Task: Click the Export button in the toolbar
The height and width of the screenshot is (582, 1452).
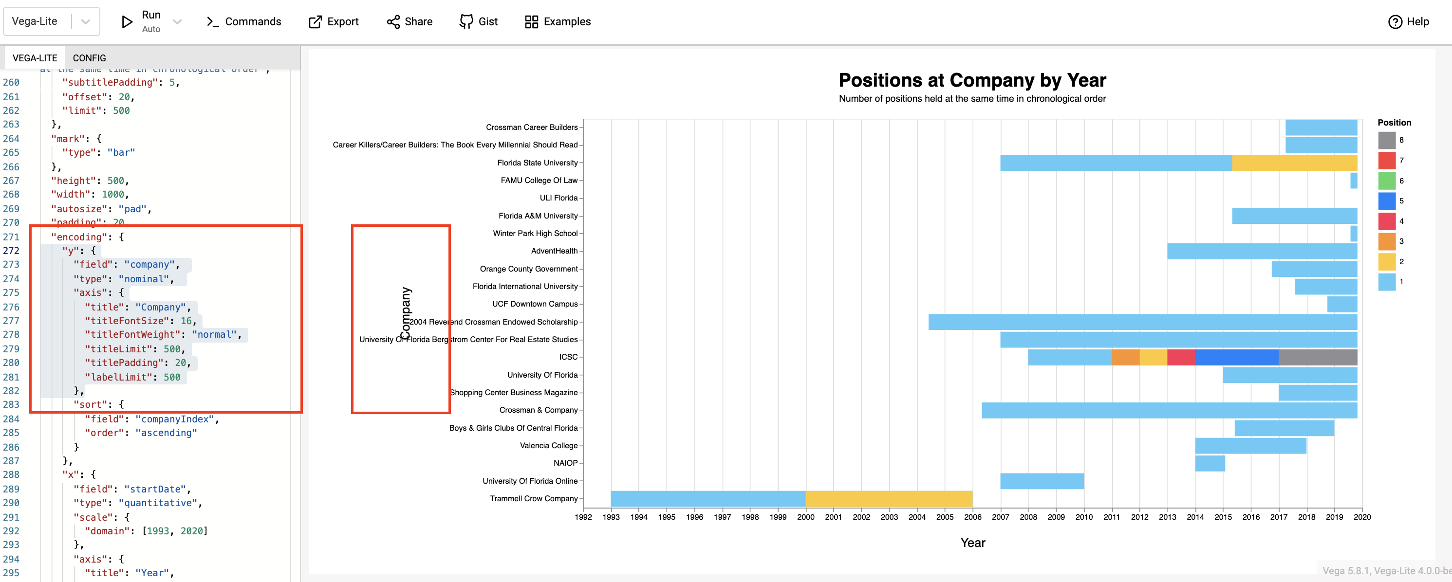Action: [333, 21]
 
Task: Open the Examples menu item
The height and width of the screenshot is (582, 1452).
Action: [558, 21]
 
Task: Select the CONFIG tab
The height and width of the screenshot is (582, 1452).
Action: [89, 58]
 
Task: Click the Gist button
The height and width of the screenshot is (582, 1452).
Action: [479, 21]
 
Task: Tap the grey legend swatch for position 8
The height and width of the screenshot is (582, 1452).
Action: [1386, 140]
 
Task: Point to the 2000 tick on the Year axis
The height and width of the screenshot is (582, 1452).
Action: [805, 517]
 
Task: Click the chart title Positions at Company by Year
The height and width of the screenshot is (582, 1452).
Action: [972, 80]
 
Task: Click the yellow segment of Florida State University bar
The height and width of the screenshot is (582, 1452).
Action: [1294, 163]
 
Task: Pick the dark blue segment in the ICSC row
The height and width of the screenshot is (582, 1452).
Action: [1236, 357]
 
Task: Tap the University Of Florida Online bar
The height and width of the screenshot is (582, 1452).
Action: [1042, 481]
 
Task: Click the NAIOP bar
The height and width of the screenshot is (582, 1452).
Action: [1210, 463]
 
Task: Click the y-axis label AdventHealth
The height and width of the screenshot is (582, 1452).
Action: [554, 251]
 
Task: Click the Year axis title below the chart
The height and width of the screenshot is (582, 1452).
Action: [972, 543]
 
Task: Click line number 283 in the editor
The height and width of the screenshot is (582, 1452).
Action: [11, 404]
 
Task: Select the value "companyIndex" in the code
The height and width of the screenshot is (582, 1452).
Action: [174, 419]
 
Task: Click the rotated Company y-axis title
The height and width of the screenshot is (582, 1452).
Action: [405, 313]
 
